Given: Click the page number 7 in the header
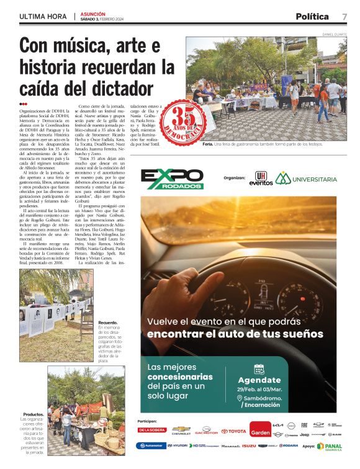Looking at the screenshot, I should (344, 16).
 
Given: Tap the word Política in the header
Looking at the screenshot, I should (312, 16).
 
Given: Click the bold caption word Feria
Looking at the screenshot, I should (209, 145).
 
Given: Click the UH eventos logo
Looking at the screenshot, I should (261, 179).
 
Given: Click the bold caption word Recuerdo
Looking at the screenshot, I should (107, 323).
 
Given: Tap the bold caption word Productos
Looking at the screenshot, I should (33, 414).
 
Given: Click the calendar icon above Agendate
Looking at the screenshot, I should (259, 368).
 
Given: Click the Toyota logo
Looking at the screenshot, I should (233, 431).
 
